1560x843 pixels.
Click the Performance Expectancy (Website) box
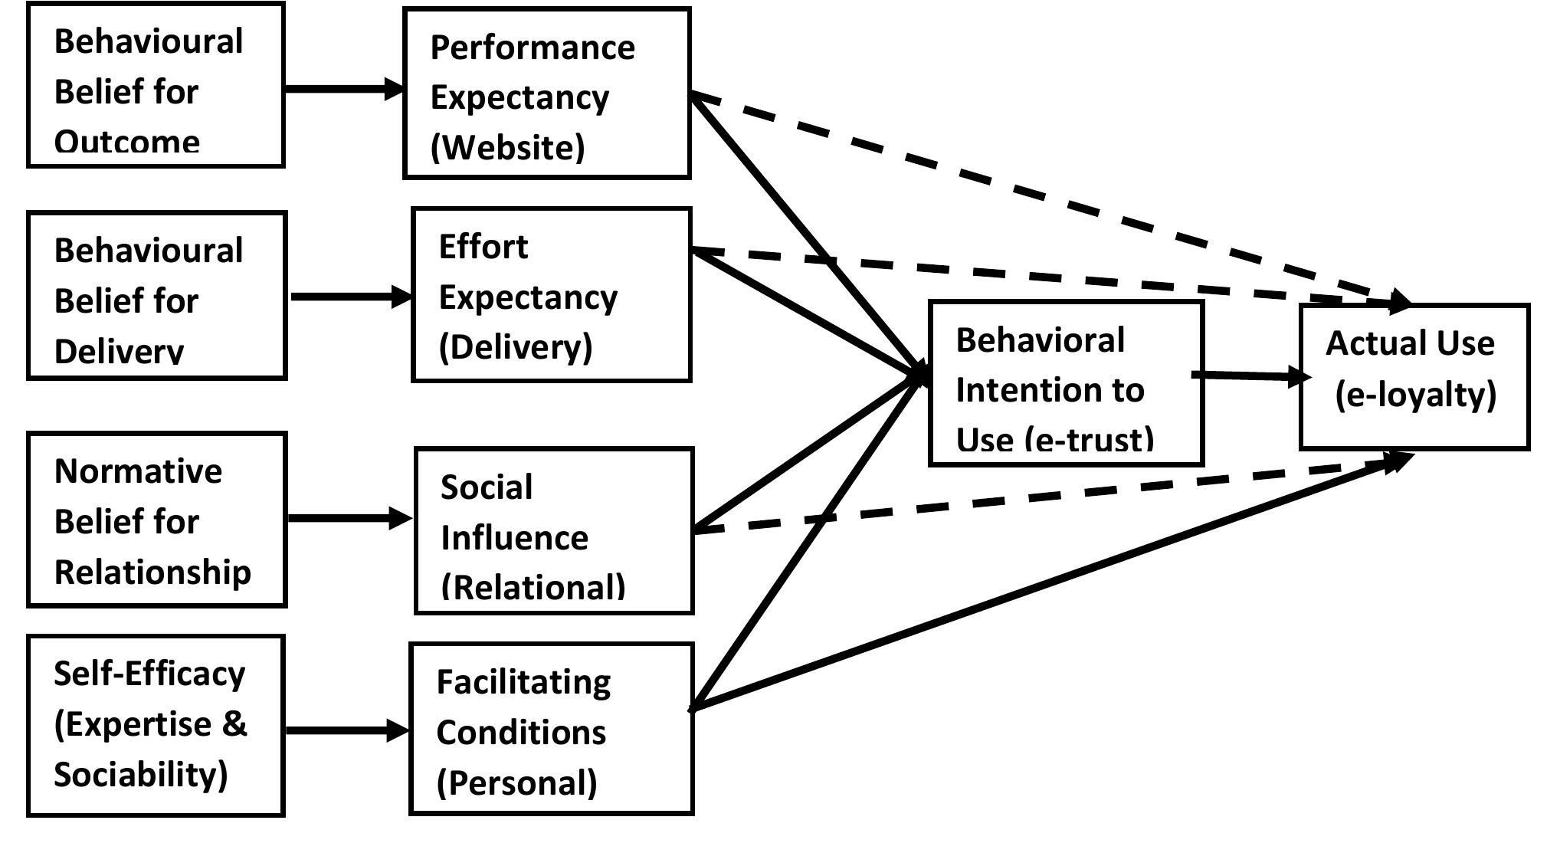546,93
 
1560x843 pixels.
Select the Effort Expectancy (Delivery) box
552,294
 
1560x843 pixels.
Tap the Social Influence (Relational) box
553,531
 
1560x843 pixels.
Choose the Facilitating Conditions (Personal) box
551,729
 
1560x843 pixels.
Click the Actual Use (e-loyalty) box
1414,376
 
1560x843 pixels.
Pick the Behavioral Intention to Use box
1065,383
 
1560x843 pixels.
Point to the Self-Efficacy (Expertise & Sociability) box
156,725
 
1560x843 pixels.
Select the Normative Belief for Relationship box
156,520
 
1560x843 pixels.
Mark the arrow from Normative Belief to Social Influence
349,519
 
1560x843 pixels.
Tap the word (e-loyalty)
1415,395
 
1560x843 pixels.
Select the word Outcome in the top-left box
127,143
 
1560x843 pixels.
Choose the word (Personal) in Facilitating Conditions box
516,782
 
